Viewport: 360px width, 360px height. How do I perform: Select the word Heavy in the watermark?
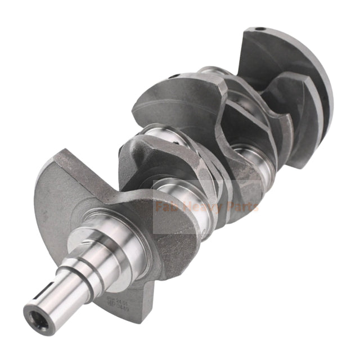(x=197, y=208)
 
